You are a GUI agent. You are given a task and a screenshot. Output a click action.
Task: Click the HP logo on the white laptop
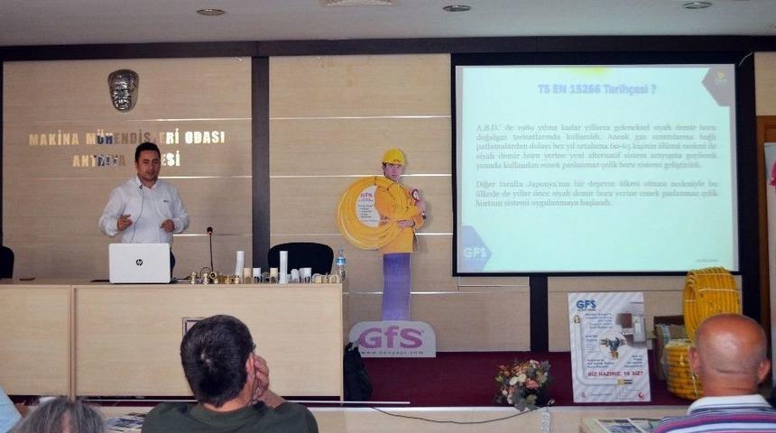click(140, 263)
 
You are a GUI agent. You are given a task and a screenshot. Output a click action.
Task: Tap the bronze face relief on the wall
click(123, 90)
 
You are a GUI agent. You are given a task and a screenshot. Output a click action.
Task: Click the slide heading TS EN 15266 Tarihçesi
click(596, 89)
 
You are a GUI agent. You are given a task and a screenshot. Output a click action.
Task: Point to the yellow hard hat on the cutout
click(393, 156)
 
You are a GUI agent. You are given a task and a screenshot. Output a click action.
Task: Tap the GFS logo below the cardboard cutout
click(392, 338)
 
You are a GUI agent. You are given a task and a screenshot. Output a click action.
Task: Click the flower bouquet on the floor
click(522, 381)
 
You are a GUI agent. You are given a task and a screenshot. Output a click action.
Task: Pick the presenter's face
click(147, 163)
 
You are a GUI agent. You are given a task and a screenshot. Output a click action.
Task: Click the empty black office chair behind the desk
click(300, 258)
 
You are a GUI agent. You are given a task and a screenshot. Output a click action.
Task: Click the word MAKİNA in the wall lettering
click(55, 140)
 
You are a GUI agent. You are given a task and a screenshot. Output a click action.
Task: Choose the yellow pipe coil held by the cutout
click(362, 213)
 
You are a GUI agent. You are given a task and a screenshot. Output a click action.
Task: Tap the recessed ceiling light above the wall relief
click(210, 12)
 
